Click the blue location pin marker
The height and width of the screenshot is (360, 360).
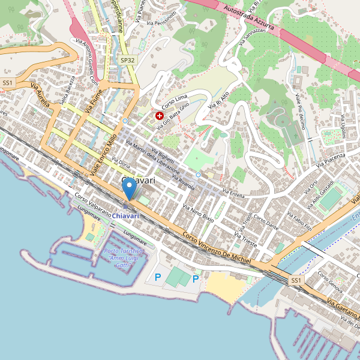click(x=129, y=190)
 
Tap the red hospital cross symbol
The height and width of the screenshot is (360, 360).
click(x=160, y=115)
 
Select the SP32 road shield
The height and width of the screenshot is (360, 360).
click(x=127, y=60)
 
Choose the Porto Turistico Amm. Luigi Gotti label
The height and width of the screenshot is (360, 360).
click(x=124, y=258)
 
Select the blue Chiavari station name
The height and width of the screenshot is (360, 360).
click(x=125, y=215)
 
